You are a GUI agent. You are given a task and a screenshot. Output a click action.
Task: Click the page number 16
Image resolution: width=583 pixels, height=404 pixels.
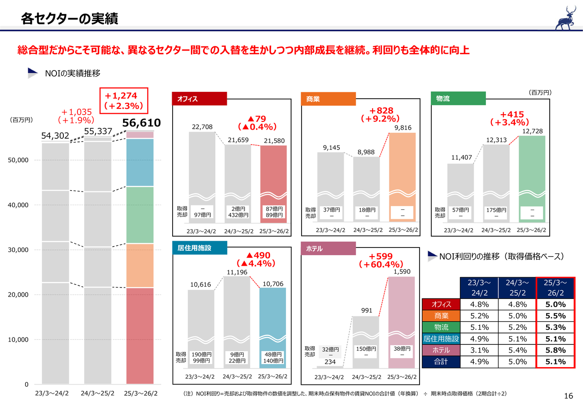click(x=568, y=395)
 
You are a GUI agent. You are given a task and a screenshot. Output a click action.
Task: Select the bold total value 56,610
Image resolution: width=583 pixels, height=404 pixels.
click(x=141, y=123)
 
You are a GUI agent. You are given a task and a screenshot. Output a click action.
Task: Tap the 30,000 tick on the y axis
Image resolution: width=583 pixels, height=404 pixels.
click(x=20, y=250)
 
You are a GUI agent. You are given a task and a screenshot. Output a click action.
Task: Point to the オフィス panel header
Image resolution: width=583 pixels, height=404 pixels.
click(x=199, y=98)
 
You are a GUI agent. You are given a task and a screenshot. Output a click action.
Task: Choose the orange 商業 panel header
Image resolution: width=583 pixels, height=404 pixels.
click(x=328, y=99)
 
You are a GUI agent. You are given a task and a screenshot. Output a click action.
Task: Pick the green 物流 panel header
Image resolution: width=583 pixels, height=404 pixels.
click(x=458, y=99)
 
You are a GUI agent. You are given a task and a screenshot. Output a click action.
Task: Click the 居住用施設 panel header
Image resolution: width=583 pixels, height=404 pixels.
click(x=199, y=248)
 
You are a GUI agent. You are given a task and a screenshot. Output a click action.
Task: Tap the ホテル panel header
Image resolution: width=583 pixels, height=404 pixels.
click(x=328, y=248)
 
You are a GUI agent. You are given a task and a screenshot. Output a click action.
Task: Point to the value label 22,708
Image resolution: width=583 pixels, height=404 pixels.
click(x=202, y=126)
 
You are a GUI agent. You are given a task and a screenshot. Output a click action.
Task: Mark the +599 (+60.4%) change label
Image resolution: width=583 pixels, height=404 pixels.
click(x=380, y=260)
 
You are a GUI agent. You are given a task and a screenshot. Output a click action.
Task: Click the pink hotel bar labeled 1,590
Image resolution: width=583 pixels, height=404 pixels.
click(x=401, y=318)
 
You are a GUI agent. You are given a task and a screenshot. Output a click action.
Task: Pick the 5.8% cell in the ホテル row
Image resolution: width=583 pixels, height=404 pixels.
click(x=555, y=350)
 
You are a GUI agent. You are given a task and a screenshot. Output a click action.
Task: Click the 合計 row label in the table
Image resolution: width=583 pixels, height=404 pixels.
click(x=441, y=362)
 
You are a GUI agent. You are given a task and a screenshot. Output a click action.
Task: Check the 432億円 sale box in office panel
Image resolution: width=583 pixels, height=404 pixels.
click(x=238, y=215)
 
